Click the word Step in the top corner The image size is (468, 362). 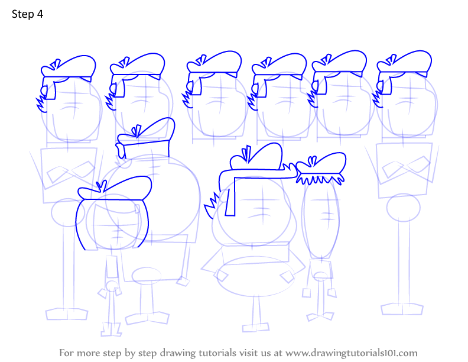22,14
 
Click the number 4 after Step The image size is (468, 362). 40,14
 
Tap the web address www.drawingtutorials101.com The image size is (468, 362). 352,353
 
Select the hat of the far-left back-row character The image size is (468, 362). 69,68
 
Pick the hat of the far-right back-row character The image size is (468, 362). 404,64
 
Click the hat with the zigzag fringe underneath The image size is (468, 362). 321,169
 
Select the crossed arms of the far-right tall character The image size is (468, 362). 407,168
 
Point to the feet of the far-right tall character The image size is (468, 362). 402,309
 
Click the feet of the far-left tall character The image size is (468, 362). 67,314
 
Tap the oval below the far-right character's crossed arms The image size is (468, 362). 403,208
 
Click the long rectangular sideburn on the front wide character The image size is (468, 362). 230,196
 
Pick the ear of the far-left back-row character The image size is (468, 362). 44,90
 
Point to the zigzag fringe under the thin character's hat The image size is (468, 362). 320,179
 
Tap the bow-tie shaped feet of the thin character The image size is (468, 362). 320,316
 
